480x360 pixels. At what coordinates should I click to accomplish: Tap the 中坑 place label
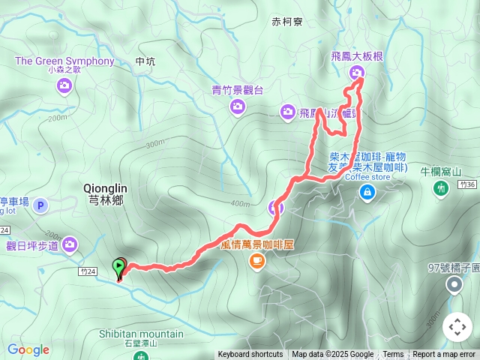pyautogui.click(x=145, y=61)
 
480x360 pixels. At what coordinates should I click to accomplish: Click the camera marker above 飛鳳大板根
pyautogui.click(x=356, y=72)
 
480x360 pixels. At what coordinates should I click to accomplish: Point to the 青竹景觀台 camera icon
pyautogui.click(x=237, y=107)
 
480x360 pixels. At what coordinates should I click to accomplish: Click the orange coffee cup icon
pyautogui.click(x=256, y=260)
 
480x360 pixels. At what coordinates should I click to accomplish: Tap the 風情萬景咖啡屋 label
pyautogui.click(x=256, y=244)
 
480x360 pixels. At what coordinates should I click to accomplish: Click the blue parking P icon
pyautogui.click(x=40, y=205)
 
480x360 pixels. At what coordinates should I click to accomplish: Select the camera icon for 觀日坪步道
pyautogui.click(x=70, y=244)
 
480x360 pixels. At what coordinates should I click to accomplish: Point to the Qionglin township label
pyautogui.click(x=104, y=194)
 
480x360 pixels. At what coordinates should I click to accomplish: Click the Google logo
pyautogui.click(x=28, y=349)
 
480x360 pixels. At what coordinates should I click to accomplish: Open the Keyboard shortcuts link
pyautogui.click(x=250, y=355)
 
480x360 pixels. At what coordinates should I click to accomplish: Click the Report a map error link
pyautogui.click(x=444, y=355)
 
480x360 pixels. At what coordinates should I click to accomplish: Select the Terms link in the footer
pyautogui.click(x=393, y=355)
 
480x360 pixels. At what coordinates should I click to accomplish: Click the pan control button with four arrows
pyautogui.click(x=457, y=327)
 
